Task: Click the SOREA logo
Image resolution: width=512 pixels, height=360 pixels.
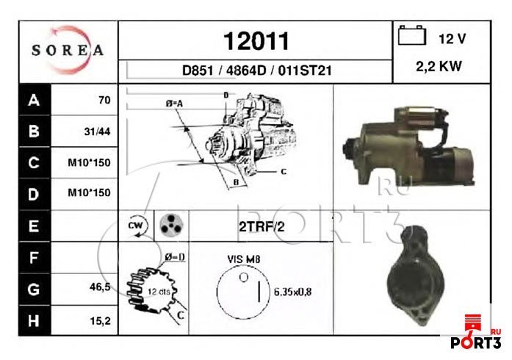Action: click(68, 50)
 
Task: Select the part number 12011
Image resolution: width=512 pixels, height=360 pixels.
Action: click(256, 41)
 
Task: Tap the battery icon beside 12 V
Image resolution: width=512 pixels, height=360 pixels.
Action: click(412, 35)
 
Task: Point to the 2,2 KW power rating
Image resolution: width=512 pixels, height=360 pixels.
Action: click(439, 66)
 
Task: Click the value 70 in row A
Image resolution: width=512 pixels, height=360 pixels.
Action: click(104, 100)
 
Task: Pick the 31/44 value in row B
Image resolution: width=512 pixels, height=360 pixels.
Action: click(97, 132)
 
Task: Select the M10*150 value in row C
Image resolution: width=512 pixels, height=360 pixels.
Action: click(89, 162)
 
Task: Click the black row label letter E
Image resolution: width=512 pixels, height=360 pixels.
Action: click(34, 226)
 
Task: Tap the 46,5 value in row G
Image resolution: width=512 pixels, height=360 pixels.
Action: click(100, 287)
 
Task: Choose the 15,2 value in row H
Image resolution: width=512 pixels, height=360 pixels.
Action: click(100, 321)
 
